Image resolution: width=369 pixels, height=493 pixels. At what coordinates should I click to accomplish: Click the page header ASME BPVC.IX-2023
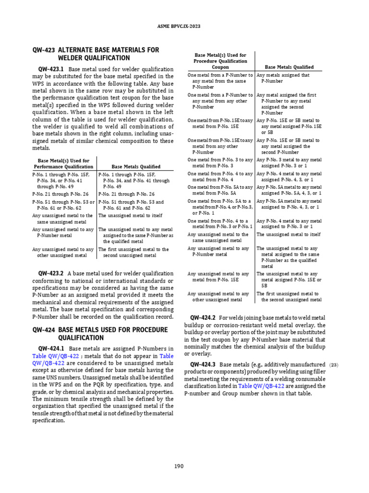[x=184, y=26]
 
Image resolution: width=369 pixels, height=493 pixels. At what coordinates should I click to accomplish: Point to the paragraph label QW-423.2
[x=51, y=273]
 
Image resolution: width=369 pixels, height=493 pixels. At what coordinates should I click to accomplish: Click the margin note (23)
[x=333, y=365]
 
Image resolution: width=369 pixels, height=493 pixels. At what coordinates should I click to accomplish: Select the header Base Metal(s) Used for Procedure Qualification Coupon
[x=220, y=61]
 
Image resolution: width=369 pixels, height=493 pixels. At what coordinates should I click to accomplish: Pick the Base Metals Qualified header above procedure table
[x=289, y=67]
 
